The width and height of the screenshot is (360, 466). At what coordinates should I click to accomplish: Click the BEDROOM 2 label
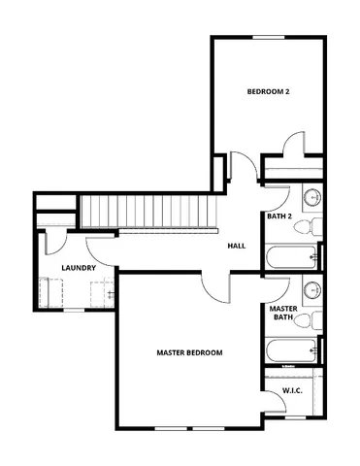coord(269,92)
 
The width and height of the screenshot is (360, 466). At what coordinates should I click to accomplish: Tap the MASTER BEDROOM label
coord(190,352)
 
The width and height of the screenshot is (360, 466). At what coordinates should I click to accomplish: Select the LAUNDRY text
coord(77,267)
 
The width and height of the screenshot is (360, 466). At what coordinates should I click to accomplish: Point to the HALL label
coord(236,246)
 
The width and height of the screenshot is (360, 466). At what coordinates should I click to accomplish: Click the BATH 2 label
coord(280,216)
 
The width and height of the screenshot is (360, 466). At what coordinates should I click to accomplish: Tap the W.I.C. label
coord(293,390)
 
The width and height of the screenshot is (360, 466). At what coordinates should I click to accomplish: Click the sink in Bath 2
coord(312,197)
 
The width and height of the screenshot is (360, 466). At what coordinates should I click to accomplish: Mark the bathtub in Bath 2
coord(291,257)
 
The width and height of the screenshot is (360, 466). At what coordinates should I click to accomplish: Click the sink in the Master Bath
coord(312,289)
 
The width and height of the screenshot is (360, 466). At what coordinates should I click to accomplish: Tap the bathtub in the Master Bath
coord(291,350)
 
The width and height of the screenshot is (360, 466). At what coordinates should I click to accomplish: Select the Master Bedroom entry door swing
coord(215,286)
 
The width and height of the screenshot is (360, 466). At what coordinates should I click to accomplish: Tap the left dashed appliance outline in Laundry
coord(54,291)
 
